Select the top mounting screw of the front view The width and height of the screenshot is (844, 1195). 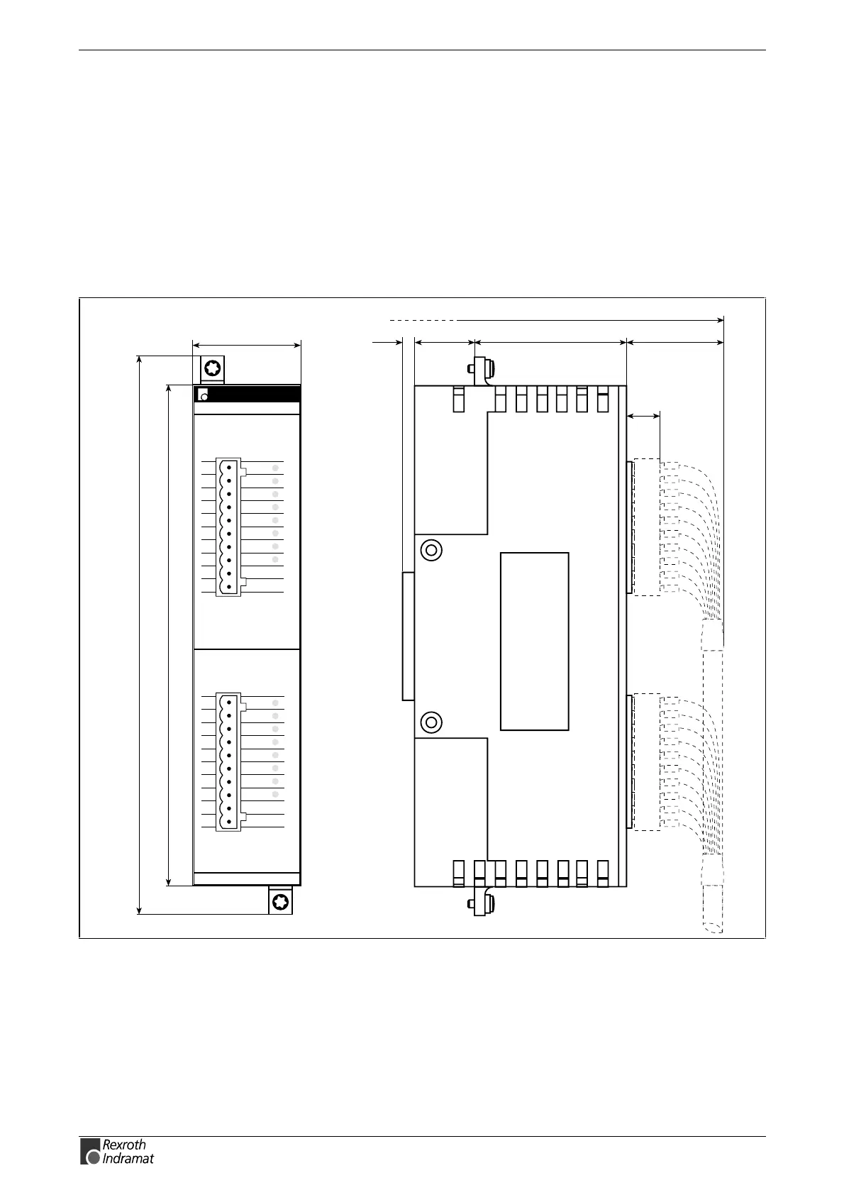click(212, 368)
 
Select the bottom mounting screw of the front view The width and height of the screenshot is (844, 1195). click(280, 902)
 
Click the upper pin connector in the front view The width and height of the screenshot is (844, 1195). click(228, 527)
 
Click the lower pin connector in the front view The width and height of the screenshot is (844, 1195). click(228, 762)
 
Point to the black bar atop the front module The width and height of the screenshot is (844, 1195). click(247, 395)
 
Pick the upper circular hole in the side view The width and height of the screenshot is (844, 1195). click(431, 550)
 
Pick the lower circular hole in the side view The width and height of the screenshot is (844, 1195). click(431, 723)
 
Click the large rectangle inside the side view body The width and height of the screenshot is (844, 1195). click(534, 641)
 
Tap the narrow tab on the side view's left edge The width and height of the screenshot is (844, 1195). click(409, 636)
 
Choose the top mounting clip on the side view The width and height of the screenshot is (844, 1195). click(482, 370)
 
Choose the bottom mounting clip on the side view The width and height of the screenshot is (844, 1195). click(482, 903)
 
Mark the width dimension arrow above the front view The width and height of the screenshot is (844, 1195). click(247, 345)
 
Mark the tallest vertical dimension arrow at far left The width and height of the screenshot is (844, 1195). click(139, 635)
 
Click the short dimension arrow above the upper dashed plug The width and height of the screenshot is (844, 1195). click(643, 416)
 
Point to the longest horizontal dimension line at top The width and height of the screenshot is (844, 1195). click(557, 320)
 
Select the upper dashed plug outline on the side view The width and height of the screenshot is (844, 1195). click(647, 527)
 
